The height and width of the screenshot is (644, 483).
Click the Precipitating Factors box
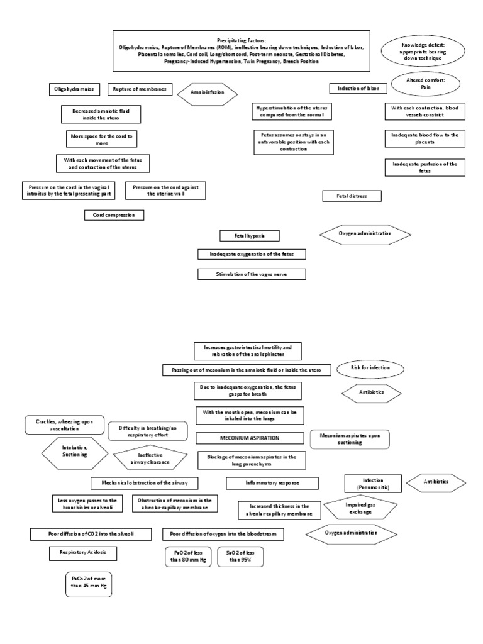point(241,51)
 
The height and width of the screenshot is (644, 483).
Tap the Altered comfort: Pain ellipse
point(418,84)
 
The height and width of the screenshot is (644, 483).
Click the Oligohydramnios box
point(74,89)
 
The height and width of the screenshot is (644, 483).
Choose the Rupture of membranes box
point(139,89)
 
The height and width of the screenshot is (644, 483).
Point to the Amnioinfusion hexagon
point(206,94)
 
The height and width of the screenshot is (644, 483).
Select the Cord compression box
point(114,215)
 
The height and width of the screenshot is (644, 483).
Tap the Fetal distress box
point(352,196)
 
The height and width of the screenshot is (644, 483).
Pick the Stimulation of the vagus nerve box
point(243,274)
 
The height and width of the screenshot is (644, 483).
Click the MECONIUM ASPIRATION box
point(250,438)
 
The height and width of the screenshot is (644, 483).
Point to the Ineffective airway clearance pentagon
point(150,458)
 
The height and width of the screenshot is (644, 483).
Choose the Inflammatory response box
point(272,483)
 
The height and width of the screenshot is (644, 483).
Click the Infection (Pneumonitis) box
point(373,484)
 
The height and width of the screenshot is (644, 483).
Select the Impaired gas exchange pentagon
point(360,508)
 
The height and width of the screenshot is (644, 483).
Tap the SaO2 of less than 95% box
point(240,557)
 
